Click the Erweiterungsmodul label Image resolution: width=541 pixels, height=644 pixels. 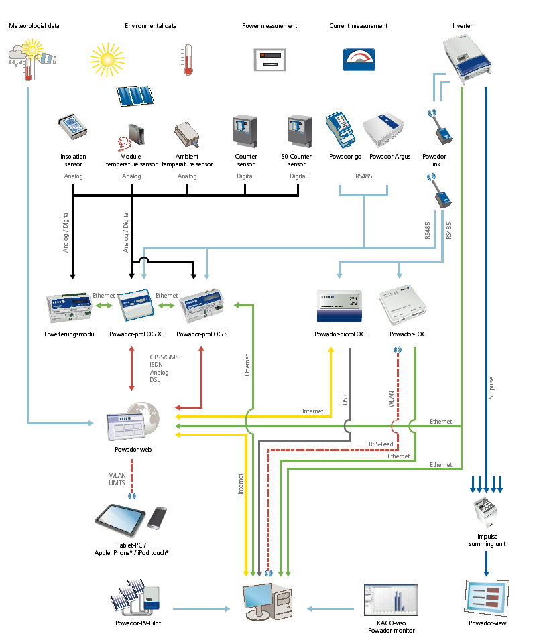(x=70, y=334)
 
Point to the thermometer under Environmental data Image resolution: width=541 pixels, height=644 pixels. (x=188, y=59)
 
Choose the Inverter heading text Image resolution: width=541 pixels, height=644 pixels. (x=462, y=26)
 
